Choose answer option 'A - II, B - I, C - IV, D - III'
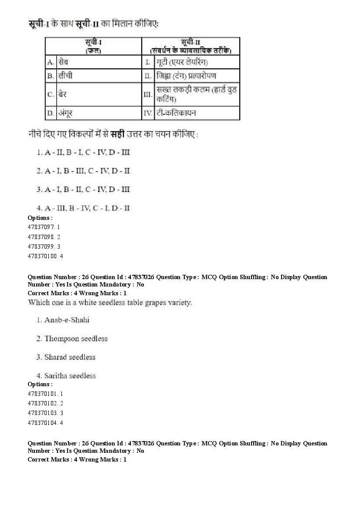tap(83, 152)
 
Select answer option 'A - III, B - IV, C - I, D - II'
tap(83, 208)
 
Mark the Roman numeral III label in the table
tap(148, 94)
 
